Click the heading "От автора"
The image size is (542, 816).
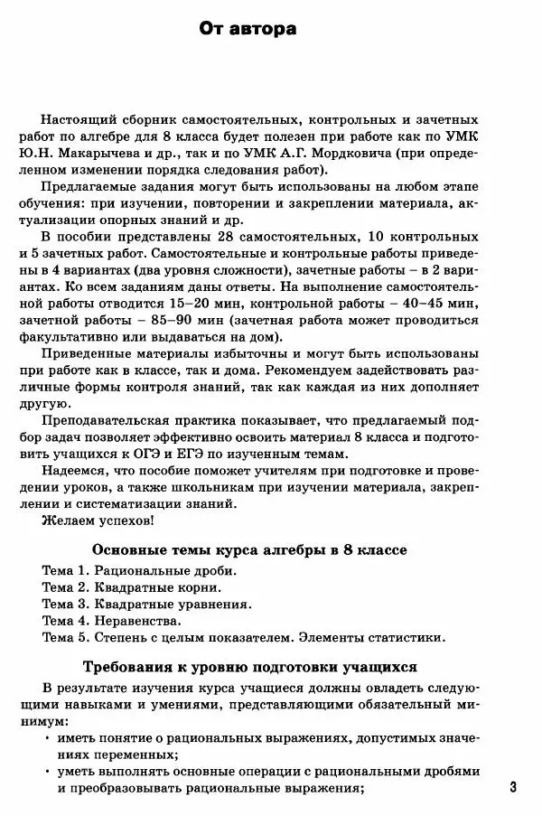(248, 30)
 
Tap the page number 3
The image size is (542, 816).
(513, 787)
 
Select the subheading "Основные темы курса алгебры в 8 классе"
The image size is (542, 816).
(250, 550)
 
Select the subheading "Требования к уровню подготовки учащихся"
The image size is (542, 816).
(249, 668)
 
